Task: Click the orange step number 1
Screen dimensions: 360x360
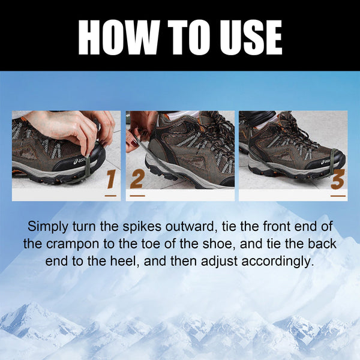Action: tap(110, 179)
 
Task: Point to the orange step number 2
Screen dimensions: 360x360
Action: tap(137, 179)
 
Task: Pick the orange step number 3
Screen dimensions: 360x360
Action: tap(338, 179)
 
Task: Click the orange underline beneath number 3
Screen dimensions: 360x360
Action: tap(338, 195)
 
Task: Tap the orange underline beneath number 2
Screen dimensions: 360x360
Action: tap(137, 195)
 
